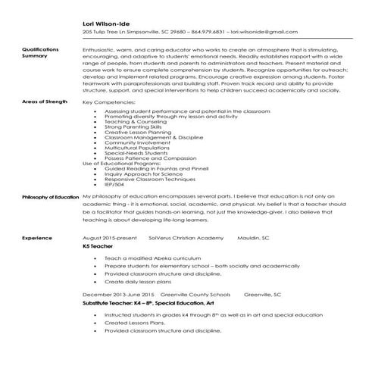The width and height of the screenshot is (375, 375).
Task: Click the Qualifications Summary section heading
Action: click(x=39, y=52)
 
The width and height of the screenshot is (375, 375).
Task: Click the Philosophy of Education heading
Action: click(x=50, y=197)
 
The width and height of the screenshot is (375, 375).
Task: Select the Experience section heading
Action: click(x=36, y=237)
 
